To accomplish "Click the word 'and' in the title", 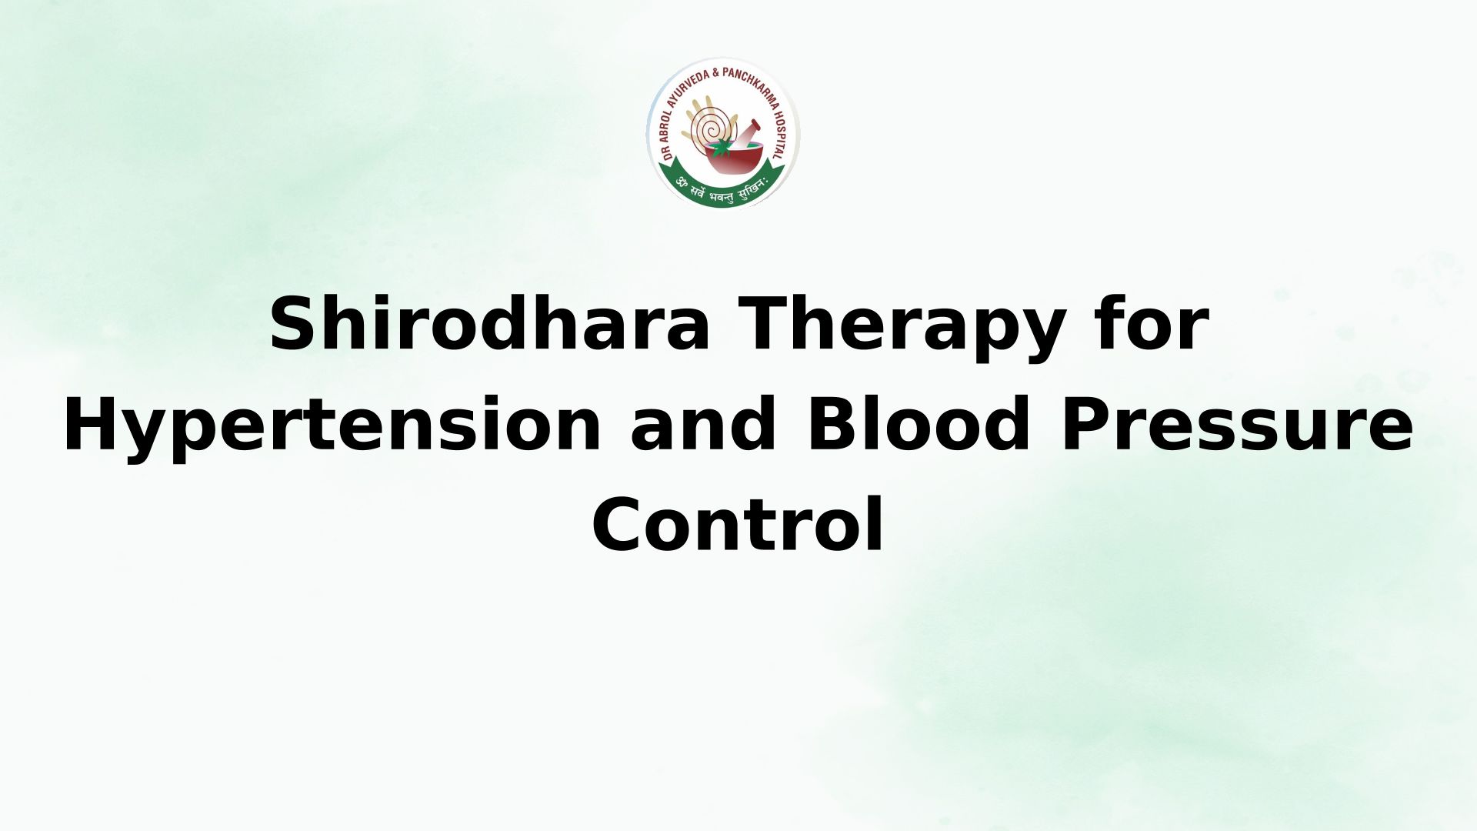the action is (704, 424).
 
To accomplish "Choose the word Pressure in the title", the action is (1237, 426).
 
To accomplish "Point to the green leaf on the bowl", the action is (722, 149).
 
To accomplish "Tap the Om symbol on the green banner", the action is (680, 183).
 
